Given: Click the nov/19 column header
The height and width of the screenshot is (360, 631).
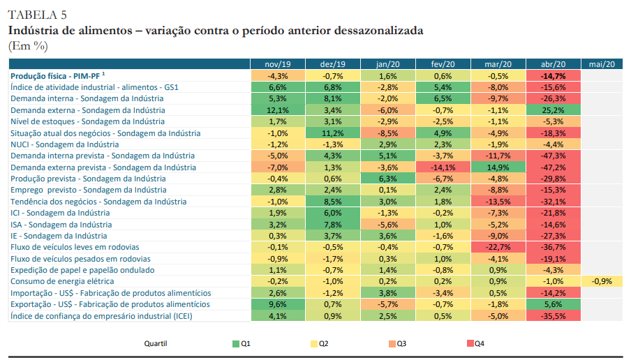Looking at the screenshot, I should point(278,64).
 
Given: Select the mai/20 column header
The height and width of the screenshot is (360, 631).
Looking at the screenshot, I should point(600,64).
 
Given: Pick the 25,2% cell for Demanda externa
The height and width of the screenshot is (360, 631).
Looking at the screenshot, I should point(553,110).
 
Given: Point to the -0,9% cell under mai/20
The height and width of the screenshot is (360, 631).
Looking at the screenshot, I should point(600,281).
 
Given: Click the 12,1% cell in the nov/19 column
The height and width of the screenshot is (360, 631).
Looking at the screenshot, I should point(278,110).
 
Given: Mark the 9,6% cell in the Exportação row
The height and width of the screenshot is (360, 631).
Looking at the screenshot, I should point(278,304).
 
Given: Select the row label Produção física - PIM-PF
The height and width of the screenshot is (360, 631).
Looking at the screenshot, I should point(57,76).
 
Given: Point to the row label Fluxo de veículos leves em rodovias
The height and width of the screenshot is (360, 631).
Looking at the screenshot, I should point(75,247).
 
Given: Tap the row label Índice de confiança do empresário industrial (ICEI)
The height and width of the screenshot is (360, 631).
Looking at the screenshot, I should point(101,316).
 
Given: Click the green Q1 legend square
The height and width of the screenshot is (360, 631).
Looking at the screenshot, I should point(236,343).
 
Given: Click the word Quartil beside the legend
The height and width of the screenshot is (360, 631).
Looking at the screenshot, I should point(156,343).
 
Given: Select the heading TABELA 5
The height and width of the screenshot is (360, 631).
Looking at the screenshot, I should point(38,15).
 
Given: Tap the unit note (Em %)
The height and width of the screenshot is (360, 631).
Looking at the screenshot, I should point(28,46).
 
